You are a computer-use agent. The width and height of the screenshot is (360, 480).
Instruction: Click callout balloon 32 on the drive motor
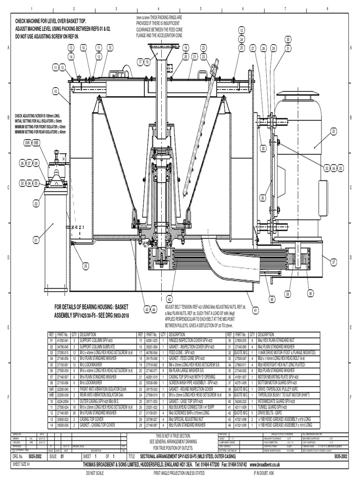[x=334, y=131]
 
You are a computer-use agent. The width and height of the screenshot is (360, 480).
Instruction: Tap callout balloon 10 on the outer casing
[x=55, y=91]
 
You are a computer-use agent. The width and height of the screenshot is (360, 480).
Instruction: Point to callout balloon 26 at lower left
[x=86, y=266]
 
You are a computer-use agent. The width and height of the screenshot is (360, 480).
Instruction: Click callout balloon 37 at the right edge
[x=334, y=262]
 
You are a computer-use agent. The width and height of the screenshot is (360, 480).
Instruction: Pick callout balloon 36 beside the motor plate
[x=263, y=197]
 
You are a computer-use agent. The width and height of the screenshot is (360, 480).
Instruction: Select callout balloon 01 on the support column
[x=36, y=240]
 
